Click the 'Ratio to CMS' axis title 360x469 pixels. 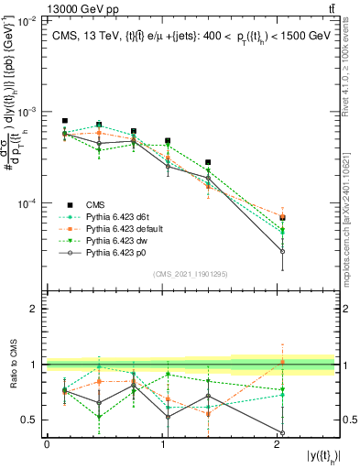13,365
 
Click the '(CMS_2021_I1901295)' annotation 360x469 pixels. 191,274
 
